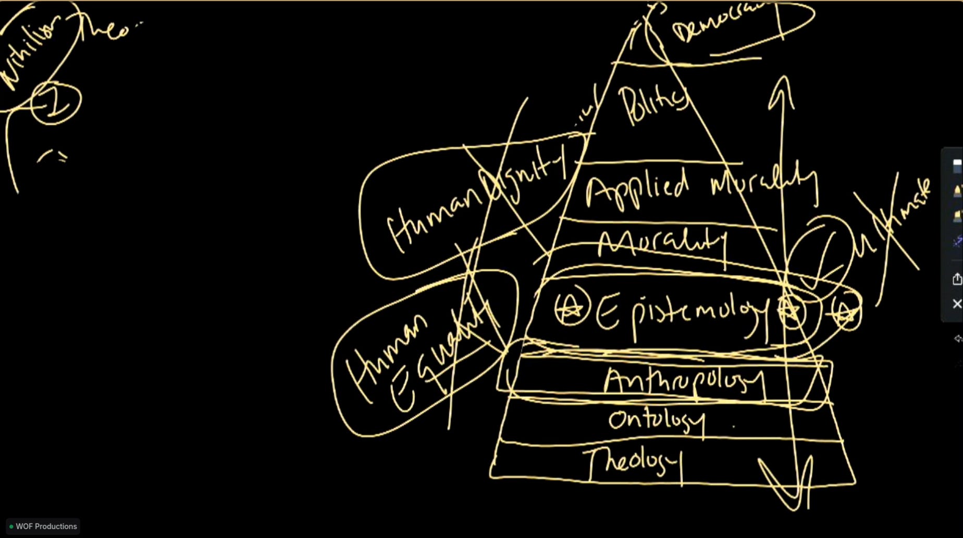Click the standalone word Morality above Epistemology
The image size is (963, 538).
point(662,243)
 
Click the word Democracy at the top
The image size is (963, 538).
point(717,23)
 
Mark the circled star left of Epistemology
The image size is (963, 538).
point(572,309)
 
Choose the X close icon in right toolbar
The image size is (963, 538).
point(957,304)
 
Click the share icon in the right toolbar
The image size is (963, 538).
point(957,279)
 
